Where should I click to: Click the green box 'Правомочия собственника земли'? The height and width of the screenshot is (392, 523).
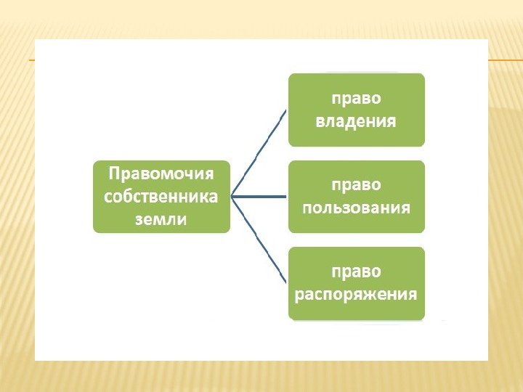pos(161,196)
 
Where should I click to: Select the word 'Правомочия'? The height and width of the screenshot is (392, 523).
pos(161,174)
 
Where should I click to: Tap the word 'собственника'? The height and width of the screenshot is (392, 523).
pos(161,196)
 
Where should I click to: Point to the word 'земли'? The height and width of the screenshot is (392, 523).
pos(161,219)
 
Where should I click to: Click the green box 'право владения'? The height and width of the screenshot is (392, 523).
pos(356,110)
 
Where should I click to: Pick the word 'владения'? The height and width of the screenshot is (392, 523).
pos(356,121)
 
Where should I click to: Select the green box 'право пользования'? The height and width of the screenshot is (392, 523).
pos(356,197)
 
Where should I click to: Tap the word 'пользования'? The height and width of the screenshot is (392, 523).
pos(356,208)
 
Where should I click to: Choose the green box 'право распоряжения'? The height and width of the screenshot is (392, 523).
pos(356,283)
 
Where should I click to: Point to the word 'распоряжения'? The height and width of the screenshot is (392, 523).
pos(356,294)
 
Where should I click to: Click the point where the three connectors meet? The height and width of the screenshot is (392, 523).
pos(232,196)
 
